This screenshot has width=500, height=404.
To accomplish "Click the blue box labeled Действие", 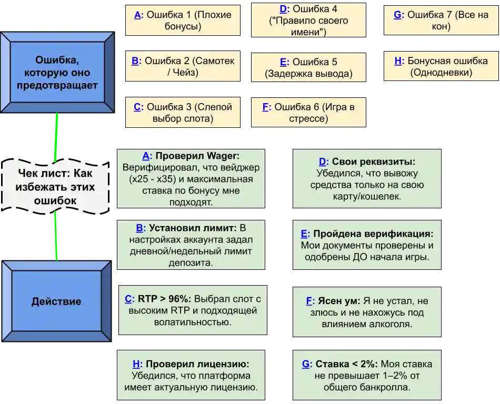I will (x=56, y=301).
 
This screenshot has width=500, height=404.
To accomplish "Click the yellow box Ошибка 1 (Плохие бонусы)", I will (x=182, y=21).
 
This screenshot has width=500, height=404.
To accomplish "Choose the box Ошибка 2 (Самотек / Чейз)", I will (x=182, y=67).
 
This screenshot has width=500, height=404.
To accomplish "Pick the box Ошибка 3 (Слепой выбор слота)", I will (x=182, y=113).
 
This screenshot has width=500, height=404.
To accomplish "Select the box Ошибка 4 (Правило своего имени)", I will (x=308, y=21).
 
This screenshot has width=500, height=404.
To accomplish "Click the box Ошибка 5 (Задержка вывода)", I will (x=308, y=67).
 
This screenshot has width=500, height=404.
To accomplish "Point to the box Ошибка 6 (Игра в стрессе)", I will (x=308, y=113).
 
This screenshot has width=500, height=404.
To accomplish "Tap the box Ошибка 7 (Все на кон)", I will (x=441, y=21).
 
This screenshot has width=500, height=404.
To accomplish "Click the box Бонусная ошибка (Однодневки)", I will (x=441, y=67).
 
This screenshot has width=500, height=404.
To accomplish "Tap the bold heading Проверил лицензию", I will (x=197, y=364).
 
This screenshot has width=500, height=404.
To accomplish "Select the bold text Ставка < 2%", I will (x=346, y=364).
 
